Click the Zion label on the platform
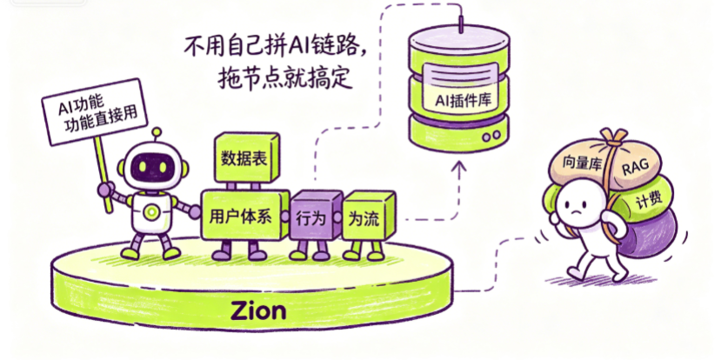pyautogui.click(x=258, y=310)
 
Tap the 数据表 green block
pyautogui.click(x=246, y=157)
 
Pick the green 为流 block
pyautogui.click(x=368, y=217)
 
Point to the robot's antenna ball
pyautogui.click(x=157, y=133)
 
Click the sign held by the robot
pyautogui.click(x=94, y=111)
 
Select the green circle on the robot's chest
pyautogui.click(x=150, y=212)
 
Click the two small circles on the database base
pyautogui.click(x=492, y=136)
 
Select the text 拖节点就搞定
pyautogui.click(x=284, y=79)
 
